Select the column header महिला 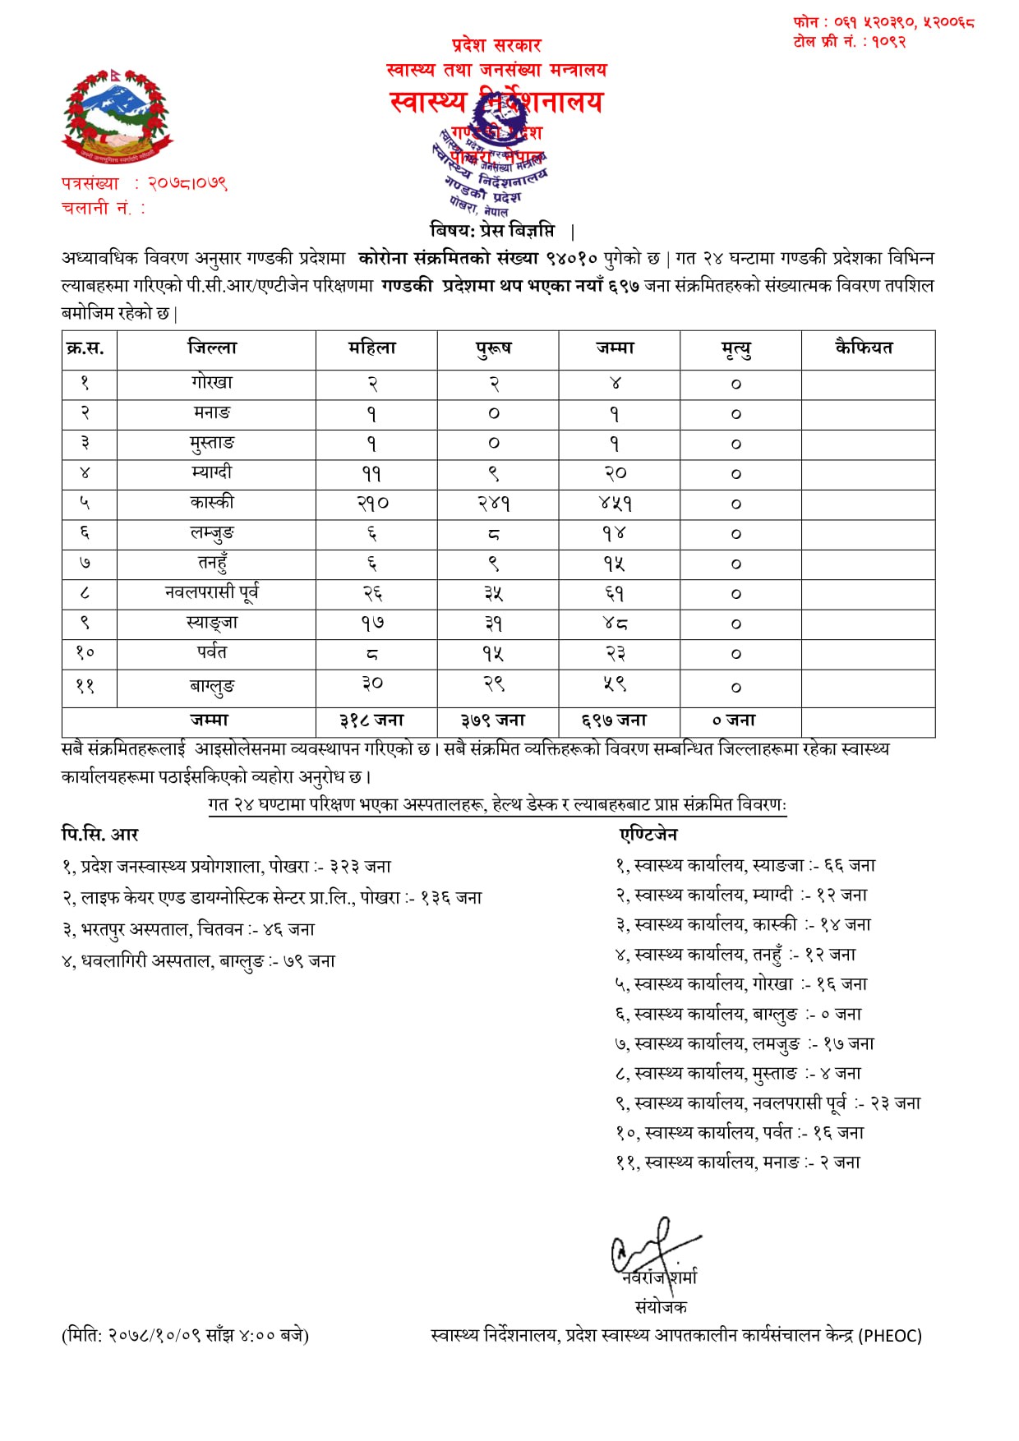372,348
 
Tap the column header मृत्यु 736,349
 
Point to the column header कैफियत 864,348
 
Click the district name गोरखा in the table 212,383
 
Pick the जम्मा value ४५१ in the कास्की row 616,503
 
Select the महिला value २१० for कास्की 372,503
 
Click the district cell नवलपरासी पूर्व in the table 212,592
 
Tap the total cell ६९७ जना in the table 614,720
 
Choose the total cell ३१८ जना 372,720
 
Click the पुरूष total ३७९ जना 493,720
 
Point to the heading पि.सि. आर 100,835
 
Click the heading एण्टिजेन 649,835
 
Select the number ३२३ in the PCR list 344,867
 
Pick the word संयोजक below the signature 660,1307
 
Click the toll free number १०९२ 888,42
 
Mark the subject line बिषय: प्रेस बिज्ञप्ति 492,230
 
